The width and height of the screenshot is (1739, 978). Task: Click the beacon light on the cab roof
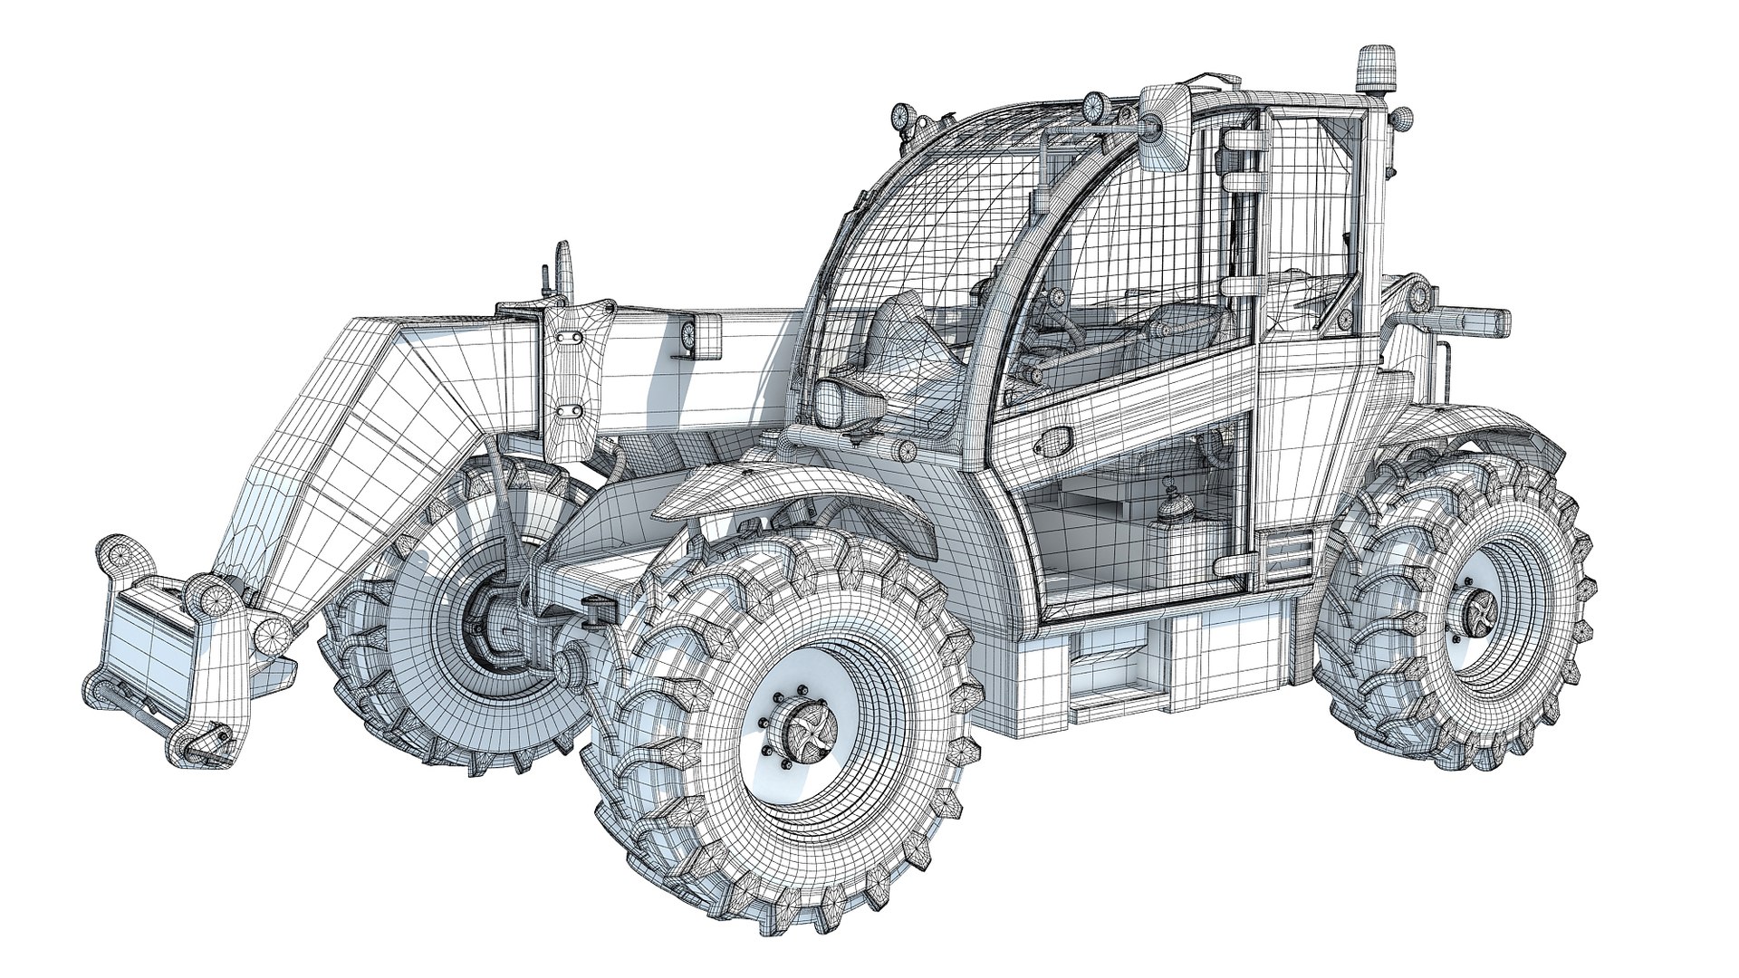click(1376, 69)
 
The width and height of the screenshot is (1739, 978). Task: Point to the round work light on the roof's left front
click(904, 116)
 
